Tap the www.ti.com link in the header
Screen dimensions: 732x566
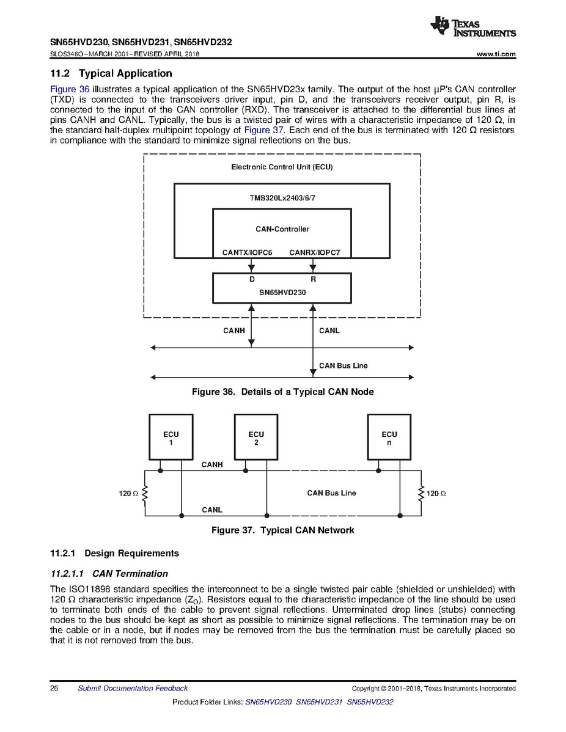(496, 54)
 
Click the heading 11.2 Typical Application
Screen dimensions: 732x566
(111, 74)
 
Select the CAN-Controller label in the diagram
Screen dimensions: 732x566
(282, 229)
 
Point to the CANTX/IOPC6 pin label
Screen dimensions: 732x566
(247, 252)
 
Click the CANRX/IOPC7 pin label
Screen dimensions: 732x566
(314, 252)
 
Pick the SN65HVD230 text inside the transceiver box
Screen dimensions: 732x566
(282, 293)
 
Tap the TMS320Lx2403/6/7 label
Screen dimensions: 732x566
(282, 198)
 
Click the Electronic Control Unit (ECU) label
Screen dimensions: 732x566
(282, 167)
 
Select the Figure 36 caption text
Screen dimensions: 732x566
(282, 392)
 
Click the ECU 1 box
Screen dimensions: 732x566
(171, 437)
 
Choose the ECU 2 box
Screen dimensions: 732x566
(256, 437)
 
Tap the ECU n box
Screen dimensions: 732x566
(389, 437)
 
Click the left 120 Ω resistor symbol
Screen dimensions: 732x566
(145, 493)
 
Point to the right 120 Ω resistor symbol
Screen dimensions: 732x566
(421, 493)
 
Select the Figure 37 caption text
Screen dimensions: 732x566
(282, 530)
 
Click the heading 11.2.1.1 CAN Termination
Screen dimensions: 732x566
(109, 574)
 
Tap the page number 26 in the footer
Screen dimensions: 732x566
(54, 689)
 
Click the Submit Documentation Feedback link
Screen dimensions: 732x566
(133, 689)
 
